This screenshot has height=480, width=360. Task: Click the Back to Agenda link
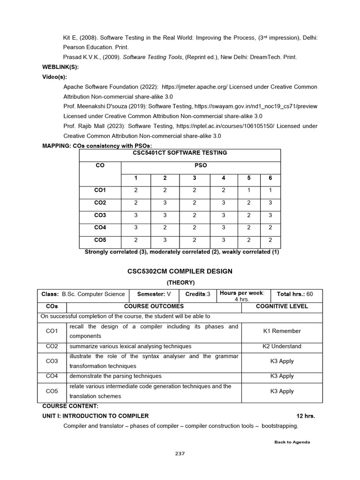click(292, 442)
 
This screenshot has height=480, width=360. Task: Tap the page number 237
click(180, 453)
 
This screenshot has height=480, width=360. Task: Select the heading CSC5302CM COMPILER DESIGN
click(180, 271)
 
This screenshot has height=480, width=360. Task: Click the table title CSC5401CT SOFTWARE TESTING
click(180, 153)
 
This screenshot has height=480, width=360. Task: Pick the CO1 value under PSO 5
click(249, 190)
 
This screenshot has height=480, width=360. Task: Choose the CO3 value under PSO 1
click(135, 215)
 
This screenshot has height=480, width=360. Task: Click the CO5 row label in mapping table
click(100, 240)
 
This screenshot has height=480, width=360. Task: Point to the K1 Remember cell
click(282, 331)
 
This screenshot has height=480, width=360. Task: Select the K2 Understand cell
click(282, 346)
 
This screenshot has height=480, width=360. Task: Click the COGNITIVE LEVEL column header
click(282, 306)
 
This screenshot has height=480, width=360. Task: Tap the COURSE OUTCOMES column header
click(153, 306)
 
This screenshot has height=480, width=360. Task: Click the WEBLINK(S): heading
click(60, 67)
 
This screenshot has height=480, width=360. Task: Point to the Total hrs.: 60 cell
click(295, 294)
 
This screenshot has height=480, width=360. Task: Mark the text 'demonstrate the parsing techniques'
click(115, 376)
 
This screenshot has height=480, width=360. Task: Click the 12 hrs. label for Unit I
click(306, 416)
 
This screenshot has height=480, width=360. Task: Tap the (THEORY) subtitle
click(180, 282)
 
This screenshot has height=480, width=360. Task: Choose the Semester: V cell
click(154, 294)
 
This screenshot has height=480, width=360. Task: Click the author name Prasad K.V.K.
click(82, 57)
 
